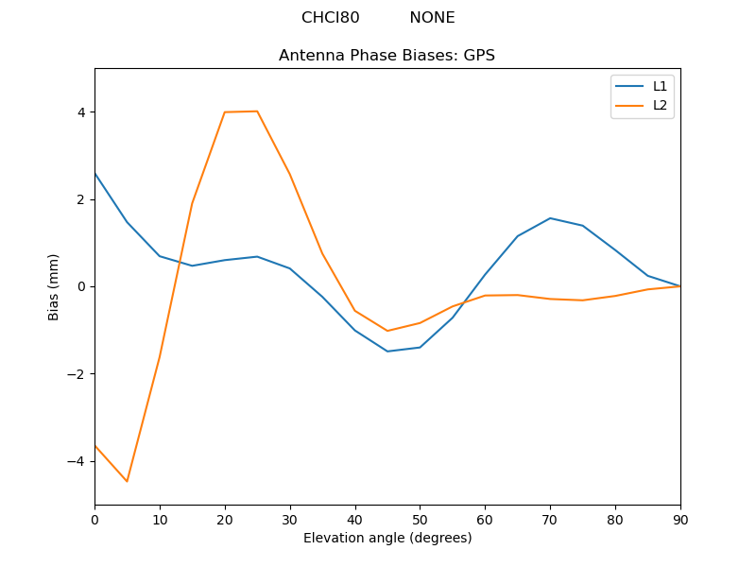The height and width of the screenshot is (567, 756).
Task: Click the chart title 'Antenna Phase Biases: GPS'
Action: [x=387, y=56]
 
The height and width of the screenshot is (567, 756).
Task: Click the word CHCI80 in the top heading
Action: [x=330, y=18]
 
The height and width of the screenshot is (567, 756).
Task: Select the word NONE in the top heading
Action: [x=432, y=18]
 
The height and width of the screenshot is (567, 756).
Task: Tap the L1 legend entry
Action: [x=660, y=86]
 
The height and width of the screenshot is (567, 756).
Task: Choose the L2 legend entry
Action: [x=660, y=105]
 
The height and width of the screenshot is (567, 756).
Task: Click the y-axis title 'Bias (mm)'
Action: [x=54, y=286]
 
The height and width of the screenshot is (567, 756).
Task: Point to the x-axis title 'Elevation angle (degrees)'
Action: [x=387, y=538]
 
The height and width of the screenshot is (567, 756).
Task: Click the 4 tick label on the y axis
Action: [x=80, y=112]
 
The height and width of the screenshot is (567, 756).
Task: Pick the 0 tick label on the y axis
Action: [x=80, y=286]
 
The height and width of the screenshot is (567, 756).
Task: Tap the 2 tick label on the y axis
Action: [x=80, y=199]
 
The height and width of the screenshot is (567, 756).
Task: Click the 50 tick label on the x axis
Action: [x=420, y=518]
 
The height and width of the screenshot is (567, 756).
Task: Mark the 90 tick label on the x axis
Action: [x=679, y=518]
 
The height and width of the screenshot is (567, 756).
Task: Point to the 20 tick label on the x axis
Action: [x=225, y=518]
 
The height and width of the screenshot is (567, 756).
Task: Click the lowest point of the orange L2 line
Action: [x=127, y=481]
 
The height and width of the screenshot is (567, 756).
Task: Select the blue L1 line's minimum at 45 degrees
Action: [x=387, y=352]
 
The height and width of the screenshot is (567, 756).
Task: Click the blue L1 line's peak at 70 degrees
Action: [x=550, y=218]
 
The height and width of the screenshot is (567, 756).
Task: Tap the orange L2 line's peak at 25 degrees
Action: [x=257, y=112]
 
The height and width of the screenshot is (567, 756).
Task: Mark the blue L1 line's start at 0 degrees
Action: [x=94, y=173]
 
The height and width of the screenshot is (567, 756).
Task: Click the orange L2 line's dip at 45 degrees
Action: [x=387, y=331]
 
